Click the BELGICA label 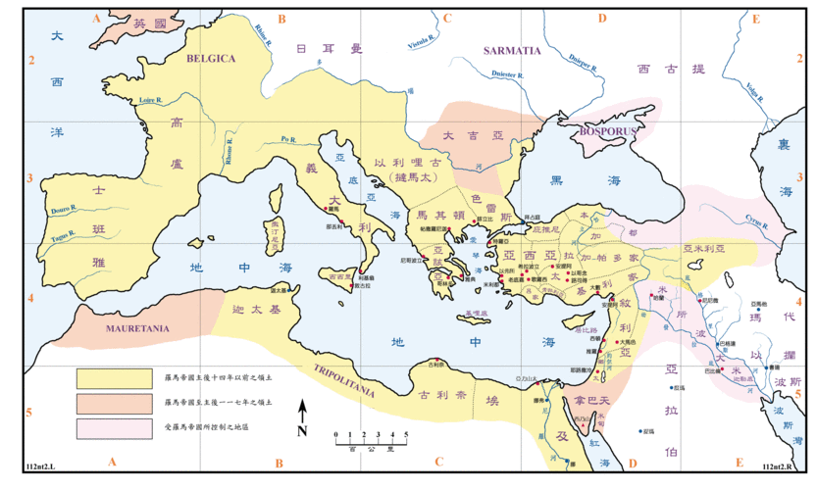point(211,59)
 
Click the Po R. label point(287,139)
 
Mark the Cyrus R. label point(755,220)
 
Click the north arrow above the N point(303,411)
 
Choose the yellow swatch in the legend point(114,375)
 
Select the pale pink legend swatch point(114,427)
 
